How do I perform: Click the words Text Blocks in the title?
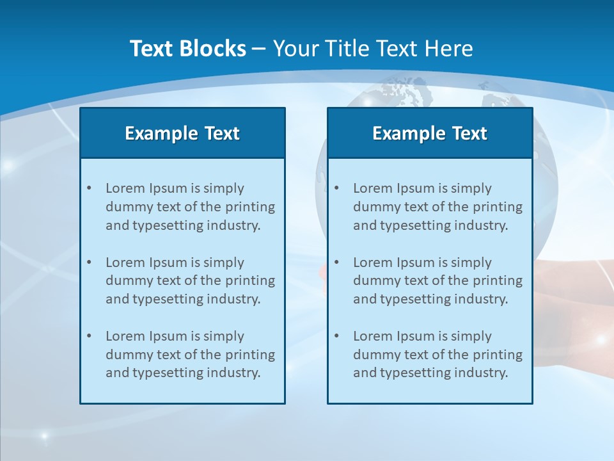(x=188, y=49)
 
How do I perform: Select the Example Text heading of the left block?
(x=182, y=133)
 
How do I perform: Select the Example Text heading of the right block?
(x=430, y=133)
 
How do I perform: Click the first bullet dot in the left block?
(x=89, y=188)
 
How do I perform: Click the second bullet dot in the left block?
(x=89, y=263)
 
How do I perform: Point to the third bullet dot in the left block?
(x=89, y=336)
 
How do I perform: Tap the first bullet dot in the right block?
(x=336, y=188)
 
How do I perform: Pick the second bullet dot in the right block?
(x=336, y=263)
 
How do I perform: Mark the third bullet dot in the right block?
(x=336, y=336)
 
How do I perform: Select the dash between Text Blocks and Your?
(x=259, y=49)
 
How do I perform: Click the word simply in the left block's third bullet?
(x=224, y=336)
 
